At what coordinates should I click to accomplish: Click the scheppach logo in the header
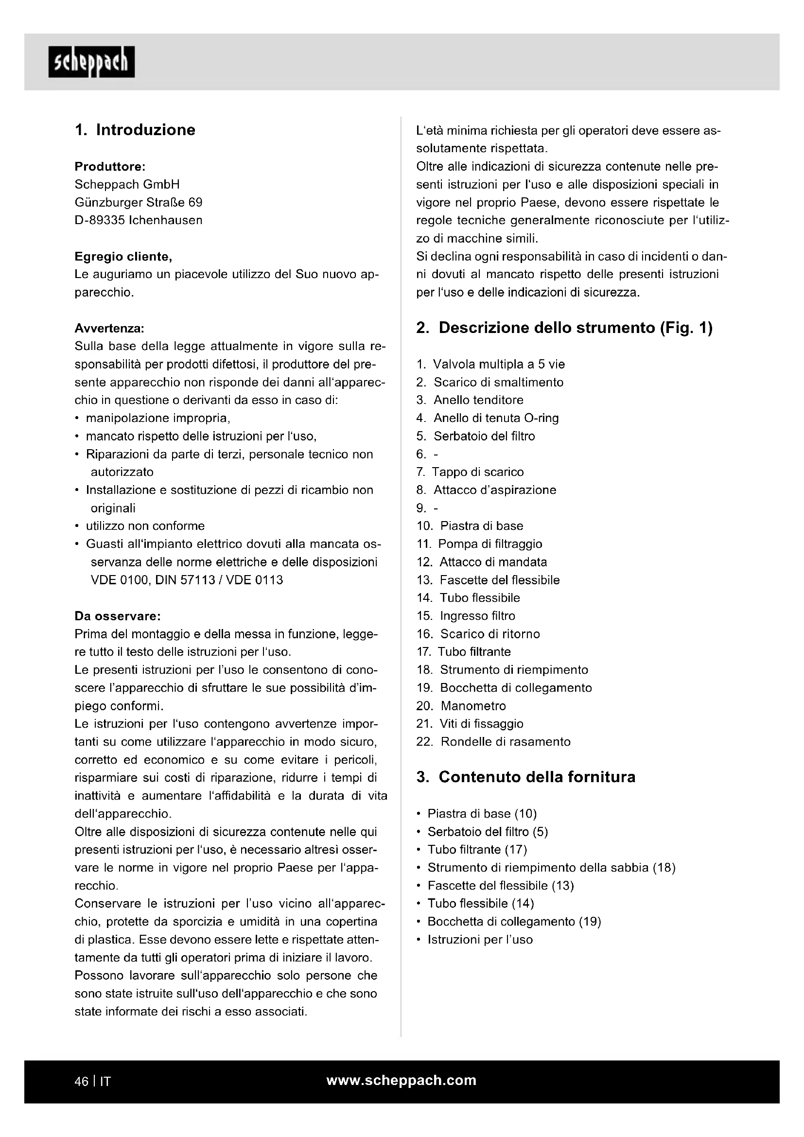pos(91,62)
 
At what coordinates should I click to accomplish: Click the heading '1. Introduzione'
pos(135,130)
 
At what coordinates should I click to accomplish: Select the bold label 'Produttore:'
pos(110,166)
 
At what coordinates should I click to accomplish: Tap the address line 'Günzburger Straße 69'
pos(139,203)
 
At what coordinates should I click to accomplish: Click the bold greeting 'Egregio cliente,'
pos(123,257)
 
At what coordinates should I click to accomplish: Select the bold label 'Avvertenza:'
pos(109,328)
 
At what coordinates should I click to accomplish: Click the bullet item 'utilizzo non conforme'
pos(145,526)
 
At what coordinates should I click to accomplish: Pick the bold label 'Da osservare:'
pos(117,616)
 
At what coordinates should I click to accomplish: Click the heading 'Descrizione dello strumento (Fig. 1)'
pos(564,328)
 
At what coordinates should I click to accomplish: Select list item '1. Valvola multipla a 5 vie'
pos(490,365)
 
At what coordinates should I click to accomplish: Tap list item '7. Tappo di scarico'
pos(470,472)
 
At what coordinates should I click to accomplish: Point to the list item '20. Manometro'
pos(461,706)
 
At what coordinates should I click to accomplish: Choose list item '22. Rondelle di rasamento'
pos(493,742)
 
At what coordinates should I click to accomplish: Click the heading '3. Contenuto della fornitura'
pos(526,777)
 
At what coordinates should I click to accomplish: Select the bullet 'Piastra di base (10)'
pos(482,814)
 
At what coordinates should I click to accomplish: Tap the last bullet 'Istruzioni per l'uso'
pos(480,940)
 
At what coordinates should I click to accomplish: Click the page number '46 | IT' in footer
pos(92,1082)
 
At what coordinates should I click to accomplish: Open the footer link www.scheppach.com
pos(402,1081)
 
